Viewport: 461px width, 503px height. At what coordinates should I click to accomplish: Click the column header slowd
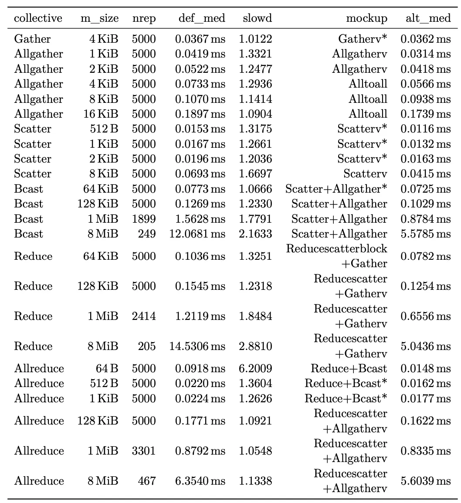click(258, 18)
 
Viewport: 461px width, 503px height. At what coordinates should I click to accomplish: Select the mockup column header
click(366, 18)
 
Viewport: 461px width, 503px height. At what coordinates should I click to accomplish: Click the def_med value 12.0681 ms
click(197, 234)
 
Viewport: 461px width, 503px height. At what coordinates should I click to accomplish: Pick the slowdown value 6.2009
click(255, 368)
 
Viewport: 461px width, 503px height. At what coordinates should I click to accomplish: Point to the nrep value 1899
click(144, 219)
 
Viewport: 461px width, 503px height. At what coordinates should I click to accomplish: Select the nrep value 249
click(146, 234)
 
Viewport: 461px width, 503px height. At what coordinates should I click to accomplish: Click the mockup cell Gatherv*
click(363, 39)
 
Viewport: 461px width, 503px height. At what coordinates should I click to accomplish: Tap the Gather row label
click(32, 39)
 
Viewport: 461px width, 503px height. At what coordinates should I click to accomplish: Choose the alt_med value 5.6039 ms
click(425, 481)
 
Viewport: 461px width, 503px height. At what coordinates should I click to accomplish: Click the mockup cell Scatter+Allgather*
click(336, 189)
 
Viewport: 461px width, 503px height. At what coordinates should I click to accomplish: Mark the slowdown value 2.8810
click(255, 346)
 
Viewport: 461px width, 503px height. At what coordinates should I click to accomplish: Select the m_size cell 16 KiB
click(101, 114)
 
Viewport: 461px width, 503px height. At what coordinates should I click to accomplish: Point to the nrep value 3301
click(144, 451)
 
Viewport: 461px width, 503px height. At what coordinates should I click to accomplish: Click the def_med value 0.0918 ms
click(200, 368)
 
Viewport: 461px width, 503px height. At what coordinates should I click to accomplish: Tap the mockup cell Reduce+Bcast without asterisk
click(349, 368)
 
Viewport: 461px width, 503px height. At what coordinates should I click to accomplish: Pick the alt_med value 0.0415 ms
click(425, 174)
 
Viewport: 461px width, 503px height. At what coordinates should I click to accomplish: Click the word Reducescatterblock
click(336, 248)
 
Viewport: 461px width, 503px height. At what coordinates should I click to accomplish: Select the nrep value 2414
click(144, 316)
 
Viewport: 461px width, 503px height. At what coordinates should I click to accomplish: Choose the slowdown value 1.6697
click(255, 174)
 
